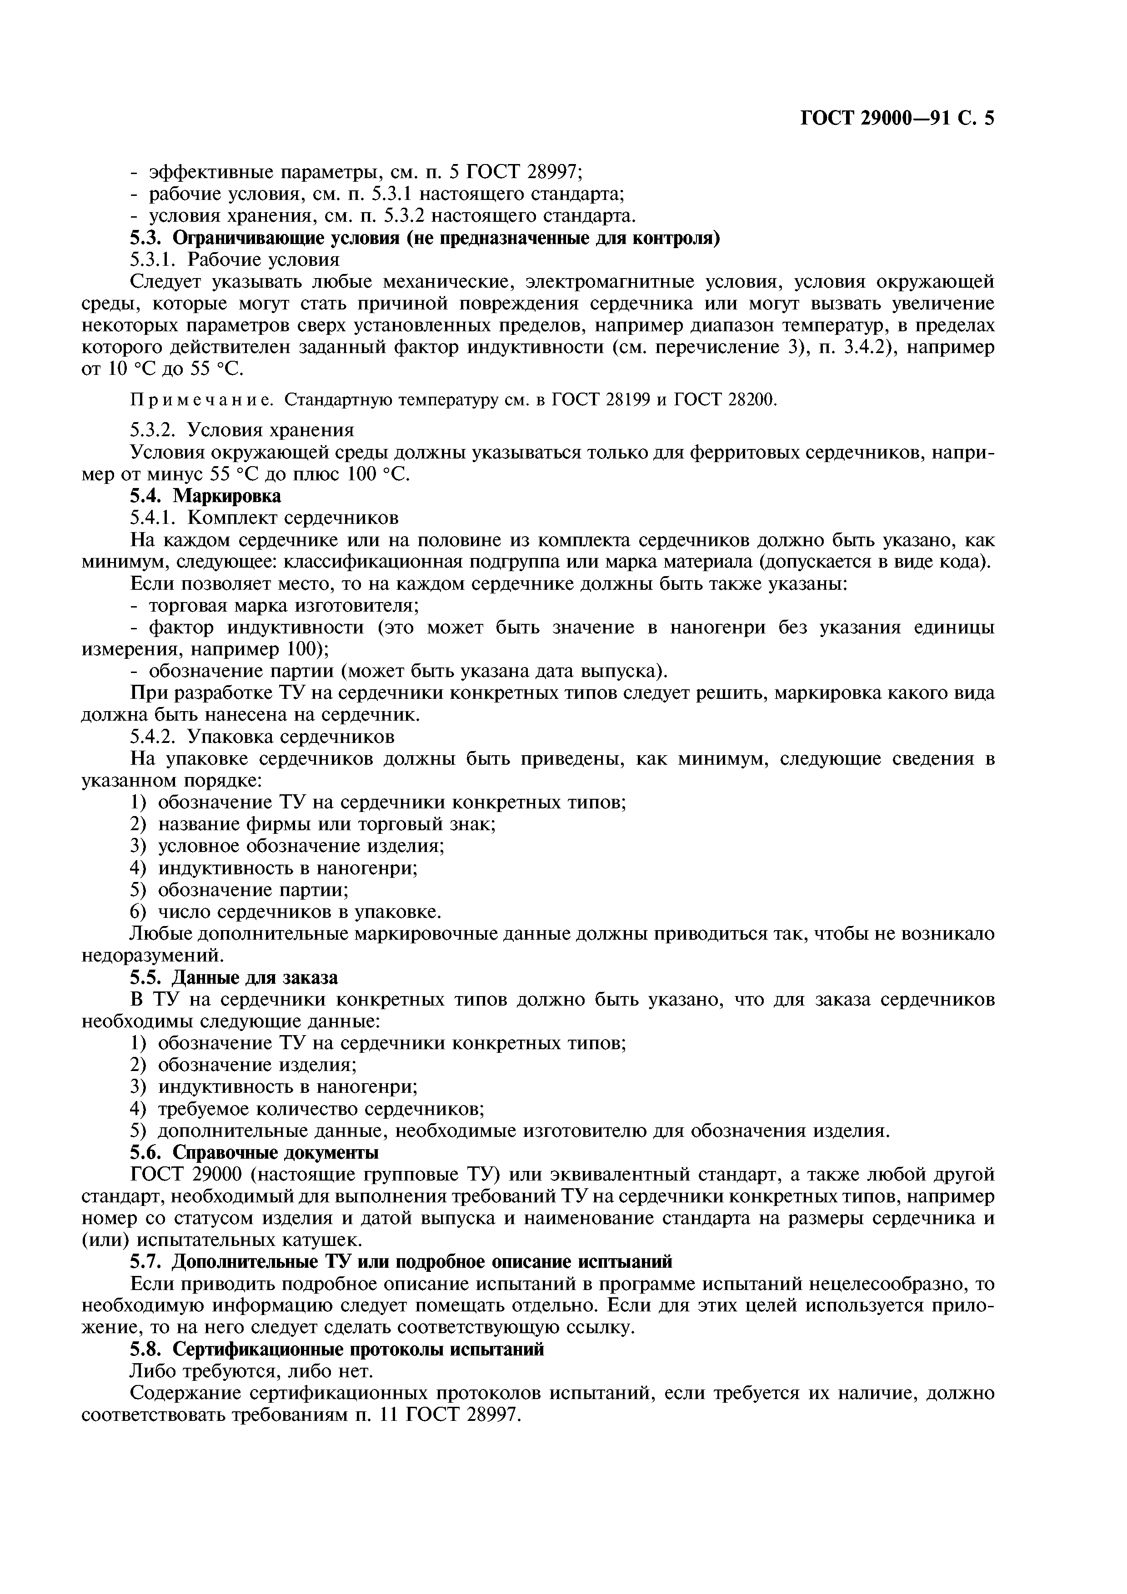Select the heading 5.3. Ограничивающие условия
[425, 238]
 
